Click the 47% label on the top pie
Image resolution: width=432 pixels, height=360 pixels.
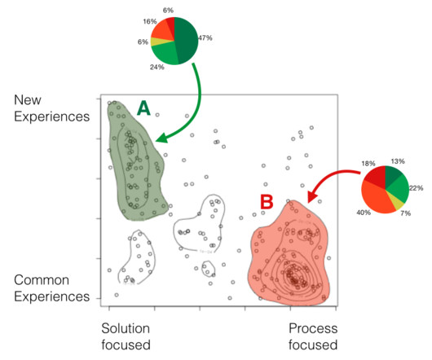tap(205, 37)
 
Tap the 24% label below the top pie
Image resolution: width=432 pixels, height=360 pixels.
tap(157, 67)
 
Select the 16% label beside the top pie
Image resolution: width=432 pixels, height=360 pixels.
tap(150, 21)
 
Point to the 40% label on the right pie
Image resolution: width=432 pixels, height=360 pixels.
tap(364, 213)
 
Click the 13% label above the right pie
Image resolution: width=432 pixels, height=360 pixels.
tap(398, 161)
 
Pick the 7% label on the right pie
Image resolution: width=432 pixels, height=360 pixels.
tap(406, 213)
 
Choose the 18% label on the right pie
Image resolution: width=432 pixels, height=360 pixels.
tap(368, 164)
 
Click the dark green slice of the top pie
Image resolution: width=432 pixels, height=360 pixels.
tap(186, 38)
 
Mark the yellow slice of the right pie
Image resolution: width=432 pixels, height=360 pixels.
tap(398, 203)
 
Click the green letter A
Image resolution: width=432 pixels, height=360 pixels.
tap(143, 108)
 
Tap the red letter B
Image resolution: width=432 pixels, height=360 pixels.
tap(267, 202)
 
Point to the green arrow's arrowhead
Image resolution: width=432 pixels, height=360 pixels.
tap(162, 138)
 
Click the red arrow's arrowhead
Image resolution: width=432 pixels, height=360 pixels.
tap(312, 196)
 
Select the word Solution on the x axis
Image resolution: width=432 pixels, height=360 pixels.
tap(126, 328)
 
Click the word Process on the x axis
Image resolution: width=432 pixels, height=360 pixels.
tap(313, 328)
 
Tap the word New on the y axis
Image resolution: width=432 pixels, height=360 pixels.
tap(28, 99)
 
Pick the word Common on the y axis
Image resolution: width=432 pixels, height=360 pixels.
tap(42, 280)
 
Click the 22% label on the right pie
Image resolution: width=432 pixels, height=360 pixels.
tap(416, 188)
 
